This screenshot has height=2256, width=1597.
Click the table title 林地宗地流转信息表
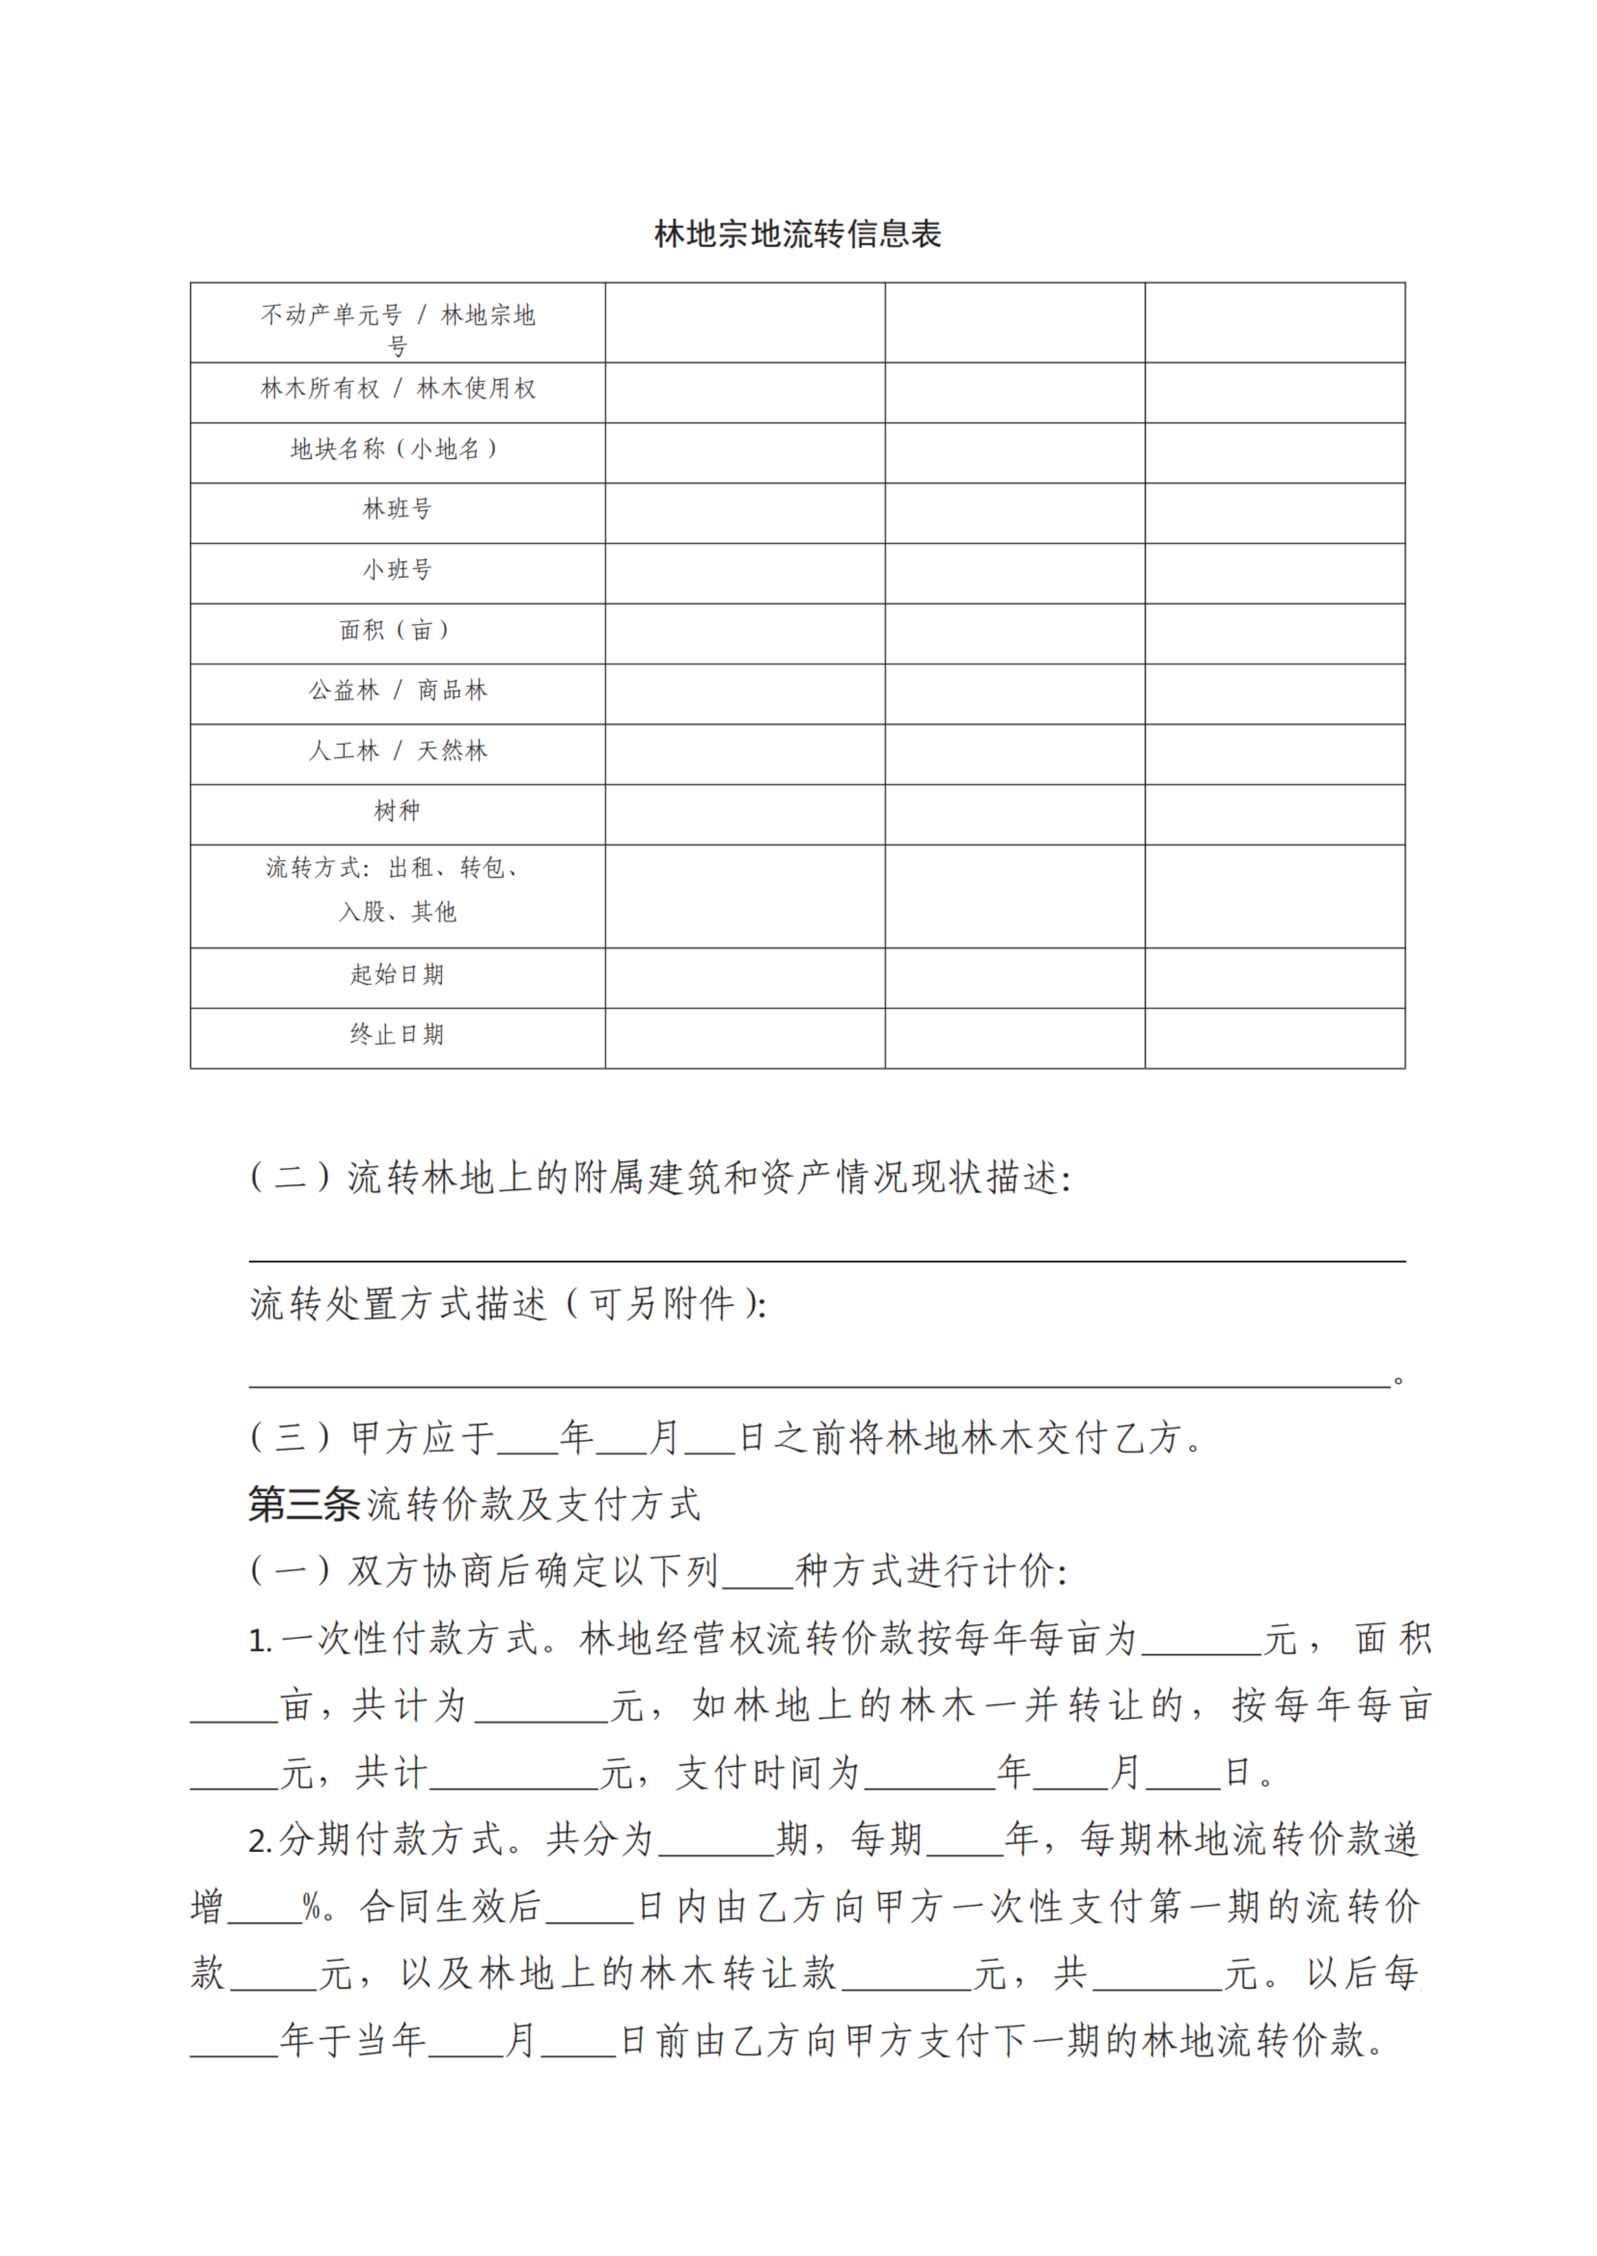[x=798, y=234]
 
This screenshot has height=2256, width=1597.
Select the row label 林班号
[x=397, y=509]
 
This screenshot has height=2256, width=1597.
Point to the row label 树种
[x=397, y=810]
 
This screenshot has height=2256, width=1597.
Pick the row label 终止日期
[x=397, y=1035]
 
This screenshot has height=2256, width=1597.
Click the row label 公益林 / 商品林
[x=397, y=690]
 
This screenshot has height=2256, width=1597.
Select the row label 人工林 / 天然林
[x=397, y=750]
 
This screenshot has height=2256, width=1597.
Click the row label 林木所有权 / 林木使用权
[x=397, y=389]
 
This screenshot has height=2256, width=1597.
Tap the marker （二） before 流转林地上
[x=290, y=1176]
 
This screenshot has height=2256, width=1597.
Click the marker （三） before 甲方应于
[x=290, y=1438]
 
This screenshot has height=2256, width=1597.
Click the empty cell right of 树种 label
[x=744, y=813]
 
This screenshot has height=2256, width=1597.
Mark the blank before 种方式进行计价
[x=757, y=1571]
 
